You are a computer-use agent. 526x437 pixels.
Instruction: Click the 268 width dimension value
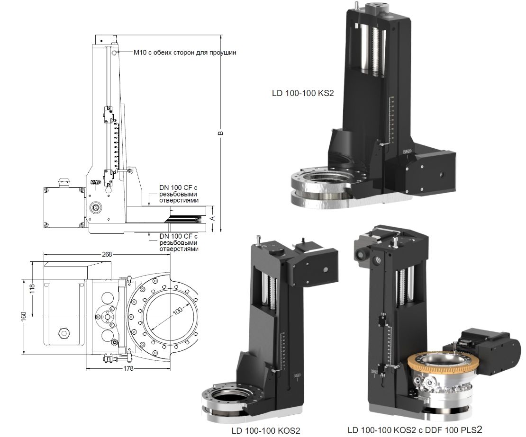coord(107,254)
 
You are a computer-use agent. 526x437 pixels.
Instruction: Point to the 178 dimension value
coord(110,368)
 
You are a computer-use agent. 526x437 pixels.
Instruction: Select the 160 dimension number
coord(23,316)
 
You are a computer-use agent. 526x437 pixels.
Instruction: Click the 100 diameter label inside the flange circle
coord(177,311)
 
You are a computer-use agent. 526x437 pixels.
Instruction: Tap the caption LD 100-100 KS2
coord(303,93)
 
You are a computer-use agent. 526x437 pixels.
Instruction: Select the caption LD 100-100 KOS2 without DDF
coord(266,431)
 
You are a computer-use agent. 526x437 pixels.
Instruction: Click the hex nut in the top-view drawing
coord(63,332)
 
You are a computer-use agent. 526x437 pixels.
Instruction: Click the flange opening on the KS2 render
coord(327,183)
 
